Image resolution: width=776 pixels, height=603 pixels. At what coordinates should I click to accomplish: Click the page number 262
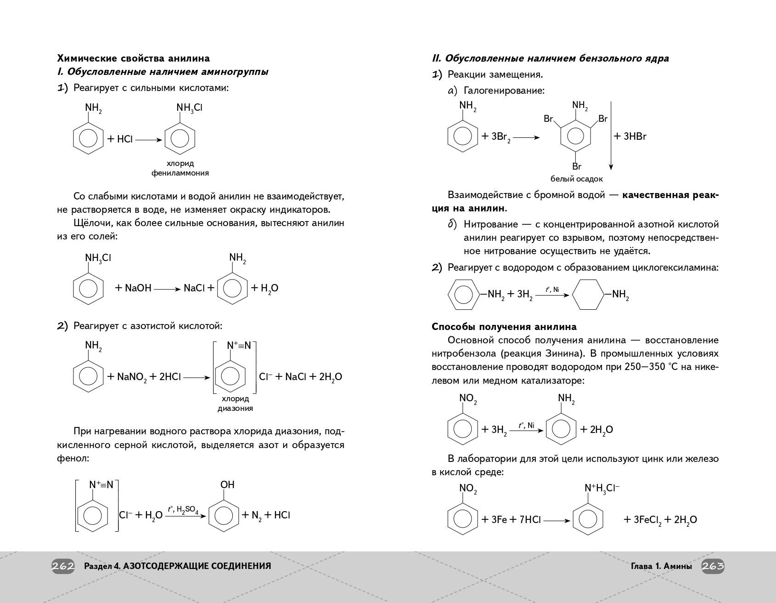[63, 566]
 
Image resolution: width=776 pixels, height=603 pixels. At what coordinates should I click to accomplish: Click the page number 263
[713, 566]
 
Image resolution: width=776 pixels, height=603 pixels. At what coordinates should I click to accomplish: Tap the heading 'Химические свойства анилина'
[133, 58]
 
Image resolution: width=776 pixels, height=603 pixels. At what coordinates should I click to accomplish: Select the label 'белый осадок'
[576, 179]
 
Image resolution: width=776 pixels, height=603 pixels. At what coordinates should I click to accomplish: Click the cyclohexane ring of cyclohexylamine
[588, 295]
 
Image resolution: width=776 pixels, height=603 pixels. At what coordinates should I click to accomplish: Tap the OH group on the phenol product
[227, 484]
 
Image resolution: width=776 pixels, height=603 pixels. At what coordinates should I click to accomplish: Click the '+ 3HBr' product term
[630, 136]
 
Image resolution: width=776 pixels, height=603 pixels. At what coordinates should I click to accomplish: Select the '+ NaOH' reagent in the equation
[133, 288]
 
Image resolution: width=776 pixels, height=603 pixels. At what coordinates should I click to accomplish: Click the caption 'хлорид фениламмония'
[180, 168]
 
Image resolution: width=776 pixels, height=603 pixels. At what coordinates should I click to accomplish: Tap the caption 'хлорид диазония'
[235, 404]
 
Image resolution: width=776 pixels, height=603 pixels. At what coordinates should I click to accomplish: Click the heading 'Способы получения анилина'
[504, 327]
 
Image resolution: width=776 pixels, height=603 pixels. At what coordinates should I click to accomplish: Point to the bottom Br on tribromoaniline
[577, 166]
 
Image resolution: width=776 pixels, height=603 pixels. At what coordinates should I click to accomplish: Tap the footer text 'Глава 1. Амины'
[661, 566]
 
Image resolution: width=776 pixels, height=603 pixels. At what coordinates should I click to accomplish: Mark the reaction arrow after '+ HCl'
[149, 139]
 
